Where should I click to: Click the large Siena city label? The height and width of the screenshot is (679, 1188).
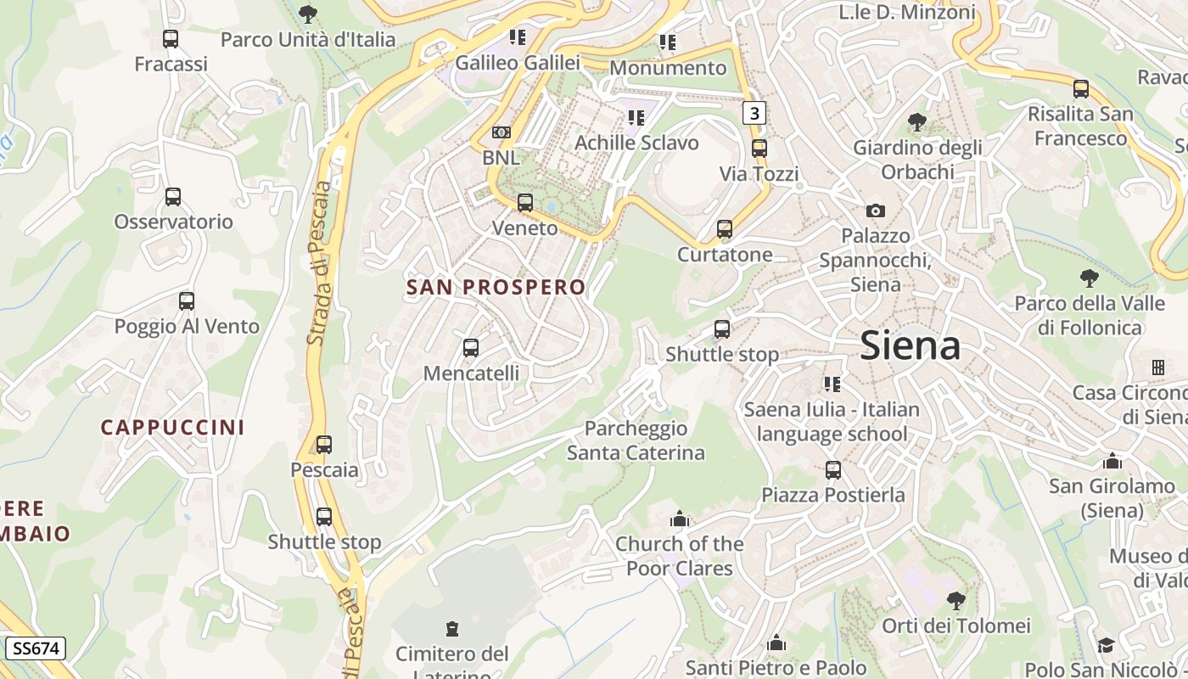(x=910, y=346)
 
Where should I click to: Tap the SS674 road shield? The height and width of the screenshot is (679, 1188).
(x=36, y=649)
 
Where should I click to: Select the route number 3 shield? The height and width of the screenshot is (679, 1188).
(x=754, y=112)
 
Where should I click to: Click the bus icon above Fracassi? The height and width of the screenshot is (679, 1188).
(x=171, y=39)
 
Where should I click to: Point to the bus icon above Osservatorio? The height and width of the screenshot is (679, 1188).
(x=173, y=197)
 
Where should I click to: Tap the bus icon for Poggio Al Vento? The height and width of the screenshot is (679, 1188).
(x=187, y=301)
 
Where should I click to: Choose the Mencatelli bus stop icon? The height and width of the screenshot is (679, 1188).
(x=471, y=348)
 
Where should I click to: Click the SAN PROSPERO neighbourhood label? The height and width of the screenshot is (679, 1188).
(x=496, y=288)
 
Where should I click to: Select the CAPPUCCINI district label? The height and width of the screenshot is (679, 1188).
(x=173, y=428)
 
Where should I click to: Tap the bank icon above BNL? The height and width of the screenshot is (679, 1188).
(x=502, y=132)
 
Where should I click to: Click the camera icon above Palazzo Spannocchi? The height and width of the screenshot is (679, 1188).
(x=876, y=210)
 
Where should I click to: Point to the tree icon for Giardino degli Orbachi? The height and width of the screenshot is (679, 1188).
(x=916, y=122)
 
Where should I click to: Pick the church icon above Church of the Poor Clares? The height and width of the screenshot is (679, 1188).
(x=679, y=519)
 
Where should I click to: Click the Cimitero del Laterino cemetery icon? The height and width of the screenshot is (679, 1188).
(x=451, y=629)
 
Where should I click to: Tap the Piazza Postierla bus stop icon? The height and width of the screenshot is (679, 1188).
(x=833, y=470)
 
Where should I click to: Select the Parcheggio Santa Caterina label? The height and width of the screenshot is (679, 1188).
(x=636, y=441)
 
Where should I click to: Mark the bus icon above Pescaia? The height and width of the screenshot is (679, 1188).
(x=324, y=445)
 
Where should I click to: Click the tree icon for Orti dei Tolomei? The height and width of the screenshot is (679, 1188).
(x=956, y=601)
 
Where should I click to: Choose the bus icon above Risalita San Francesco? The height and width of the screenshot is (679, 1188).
(x=1081, y=89)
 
